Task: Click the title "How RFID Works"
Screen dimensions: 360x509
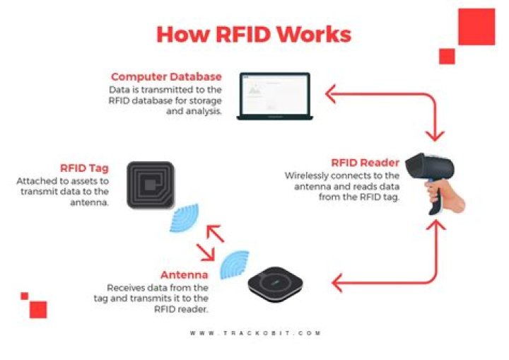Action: pos(253,33)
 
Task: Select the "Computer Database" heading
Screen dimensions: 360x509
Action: pos(166,76)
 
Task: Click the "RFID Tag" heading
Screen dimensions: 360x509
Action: pos(83,168)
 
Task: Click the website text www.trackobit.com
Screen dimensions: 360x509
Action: pos(255,332)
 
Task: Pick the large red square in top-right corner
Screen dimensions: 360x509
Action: pos(476,28)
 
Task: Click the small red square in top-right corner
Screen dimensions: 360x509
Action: pos(446,56)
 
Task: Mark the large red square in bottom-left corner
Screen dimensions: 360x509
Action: pos(38,309)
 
